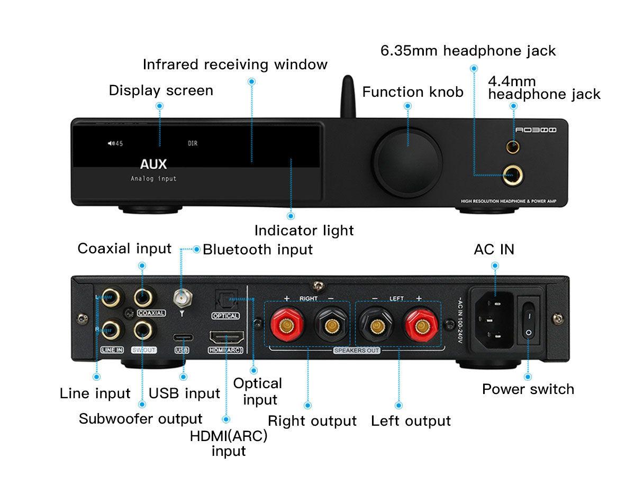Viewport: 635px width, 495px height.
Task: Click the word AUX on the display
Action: tap(153, 164)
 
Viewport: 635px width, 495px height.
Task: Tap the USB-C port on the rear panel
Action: tap(182, 337)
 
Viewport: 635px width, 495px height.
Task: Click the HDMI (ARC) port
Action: tap(226, 337)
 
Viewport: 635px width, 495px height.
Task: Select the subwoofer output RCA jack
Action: tap(143, 332)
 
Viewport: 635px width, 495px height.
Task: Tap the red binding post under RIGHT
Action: tap(286, 323)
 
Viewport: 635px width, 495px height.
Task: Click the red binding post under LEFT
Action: tap(419, 323)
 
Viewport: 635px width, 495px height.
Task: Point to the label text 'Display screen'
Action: tap(161, 90)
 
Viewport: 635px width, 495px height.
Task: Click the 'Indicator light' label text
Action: tap(304, 231)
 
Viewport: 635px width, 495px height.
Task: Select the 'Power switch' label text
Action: tap(528, 389)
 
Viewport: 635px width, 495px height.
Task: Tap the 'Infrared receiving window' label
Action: tap(235, 65)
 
